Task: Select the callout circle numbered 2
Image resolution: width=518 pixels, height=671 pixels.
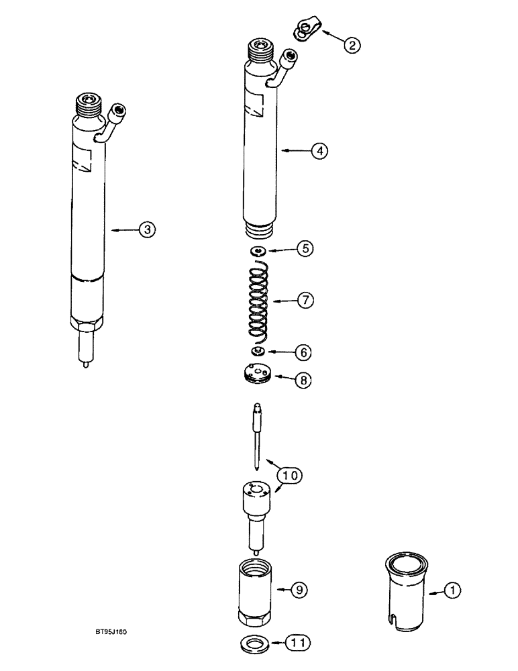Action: (x=352, y=45)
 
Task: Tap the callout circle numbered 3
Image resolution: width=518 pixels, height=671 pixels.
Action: (x=147, y=229)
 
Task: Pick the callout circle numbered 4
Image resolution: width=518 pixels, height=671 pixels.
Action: (x=319, y=151)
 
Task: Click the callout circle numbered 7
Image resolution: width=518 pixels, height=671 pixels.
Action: (x=305, y=301)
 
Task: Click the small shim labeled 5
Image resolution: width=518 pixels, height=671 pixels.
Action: (x=258, y=251)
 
